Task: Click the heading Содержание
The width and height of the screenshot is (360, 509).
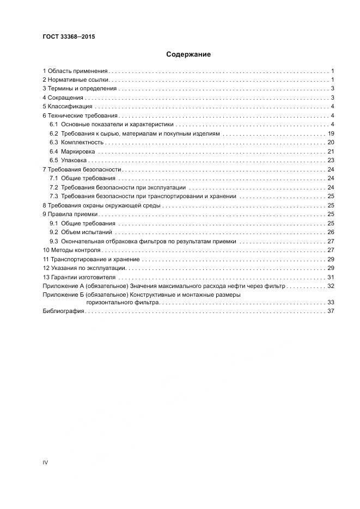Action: (188, 54)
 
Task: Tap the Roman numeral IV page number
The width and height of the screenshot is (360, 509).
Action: (45, 462)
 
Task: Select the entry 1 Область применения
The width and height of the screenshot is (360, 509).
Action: (75, 71)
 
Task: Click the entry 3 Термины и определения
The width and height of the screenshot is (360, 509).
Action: (80, 89)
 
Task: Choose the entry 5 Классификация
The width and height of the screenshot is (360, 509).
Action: (68, 107)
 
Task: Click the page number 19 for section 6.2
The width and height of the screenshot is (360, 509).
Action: (330, 133)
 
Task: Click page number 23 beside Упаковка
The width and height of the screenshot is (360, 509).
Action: (330, 160)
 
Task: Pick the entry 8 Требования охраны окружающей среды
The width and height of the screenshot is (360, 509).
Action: (101, 205)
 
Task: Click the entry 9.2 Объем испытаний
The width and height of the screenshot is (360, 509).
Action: (81, 232)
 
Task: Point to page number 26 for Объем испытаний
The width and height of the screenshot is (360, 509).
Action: (330, 232)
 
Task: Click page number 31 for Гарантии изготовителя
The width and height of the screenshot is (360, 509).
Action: (330, 277)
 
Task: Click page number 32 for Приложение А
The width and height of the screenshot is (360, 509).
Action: (330, 286)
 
